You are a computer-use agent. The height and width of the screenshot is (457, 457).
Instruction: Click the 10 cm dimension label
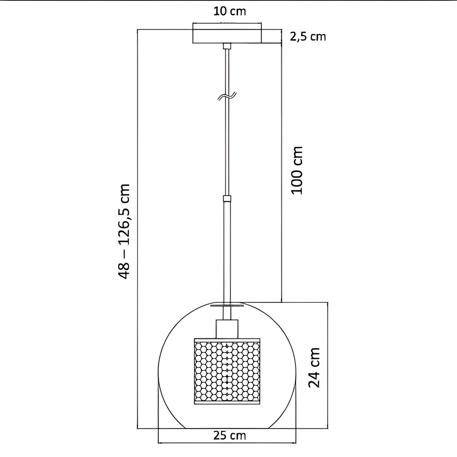click(230, 11)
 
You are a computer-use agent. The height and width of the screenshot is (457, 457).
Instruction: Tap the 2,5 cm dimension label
click(308, 37)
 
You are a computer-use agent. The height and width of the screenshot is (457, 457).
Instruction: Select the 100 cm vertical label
click(297, 171)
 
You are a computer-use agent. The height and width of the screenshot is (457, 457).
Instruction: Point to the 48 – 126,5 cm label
click(124, 231)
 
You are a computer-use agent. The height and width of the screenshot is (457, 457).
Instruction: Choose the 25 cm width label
click(230, 422)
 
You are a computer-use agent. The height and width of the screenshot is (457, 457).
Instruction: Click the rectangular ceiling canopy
click(227, 36)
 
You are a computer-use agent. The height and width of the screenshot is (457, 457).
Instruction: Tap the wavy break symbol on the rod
click(227, 96)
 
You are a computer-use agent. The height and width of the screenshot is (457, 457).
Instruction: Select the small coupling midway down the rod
click(227, 198)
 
